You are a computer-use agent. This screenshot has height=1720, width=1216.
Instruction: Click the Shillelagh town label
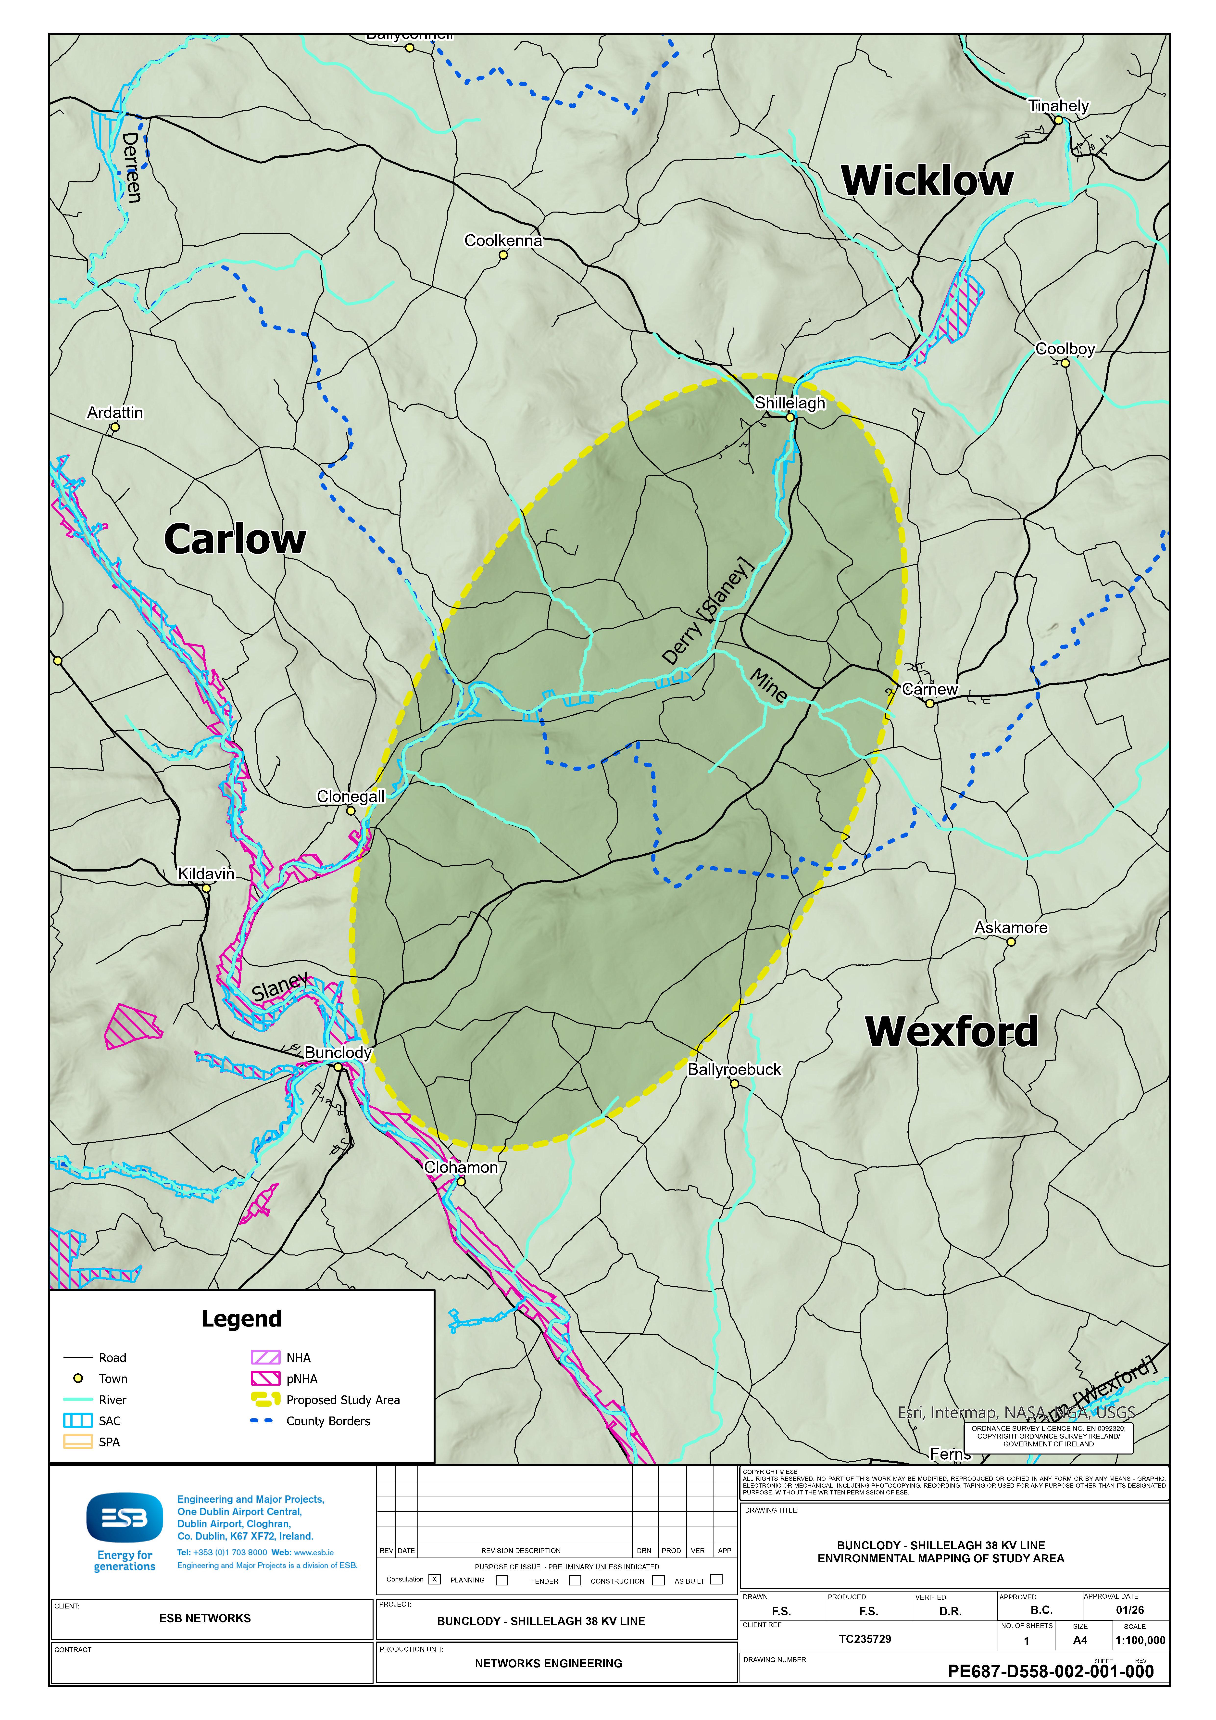point(790,403)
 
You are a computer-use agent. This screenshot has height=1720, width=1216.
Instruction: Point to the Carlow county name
point(235,539)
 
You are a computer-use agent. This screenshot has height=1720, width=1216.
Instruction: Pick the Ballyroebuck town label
point(734,1069)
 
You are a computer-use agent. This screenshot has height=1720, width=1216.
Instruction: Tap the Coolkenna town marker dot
point(503,255)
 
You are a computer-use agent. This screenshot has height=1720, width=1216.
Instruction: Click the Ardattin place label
point(115,413)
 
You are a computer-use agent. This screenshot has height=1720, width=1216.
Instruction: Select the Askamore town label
point(1011,927)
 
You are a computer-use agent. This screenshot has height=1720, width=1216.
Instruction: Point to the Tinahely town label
point(1058,106)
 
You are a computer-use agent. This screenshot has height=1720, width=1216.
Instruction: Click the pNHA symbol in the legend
point(265,1379)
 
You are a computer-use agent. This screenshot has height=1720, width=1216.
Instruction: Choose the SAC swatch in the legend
point(78,1420)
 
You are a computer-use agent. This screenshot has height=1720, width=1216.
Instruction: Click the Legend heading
point(241,1318)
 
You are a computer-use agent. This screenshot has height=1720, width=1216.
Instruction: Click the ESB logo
point(124,1518)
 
